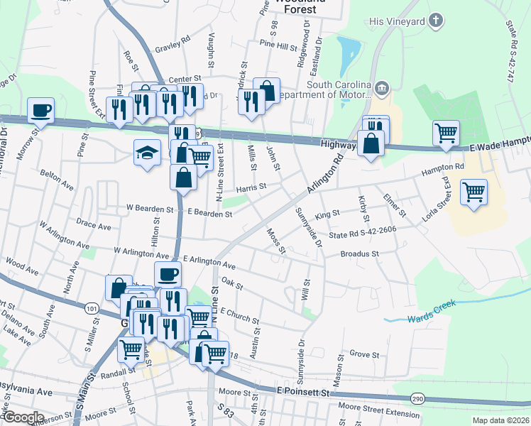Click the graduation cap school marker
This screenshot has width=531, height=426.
147,153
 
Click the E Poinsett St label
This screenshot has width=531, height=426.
304,391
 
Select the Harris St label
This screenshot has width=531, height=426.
251,187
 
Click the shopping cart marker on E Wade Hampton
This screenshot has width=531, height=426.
446,132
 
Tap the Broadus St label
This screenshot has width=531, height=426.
360,253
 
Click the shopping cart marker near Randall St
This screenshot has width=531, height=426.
131,349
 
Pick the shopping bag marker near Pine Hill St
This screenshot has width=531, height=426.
267,90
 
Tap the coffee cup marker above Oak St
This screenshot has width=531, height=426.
168,273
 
